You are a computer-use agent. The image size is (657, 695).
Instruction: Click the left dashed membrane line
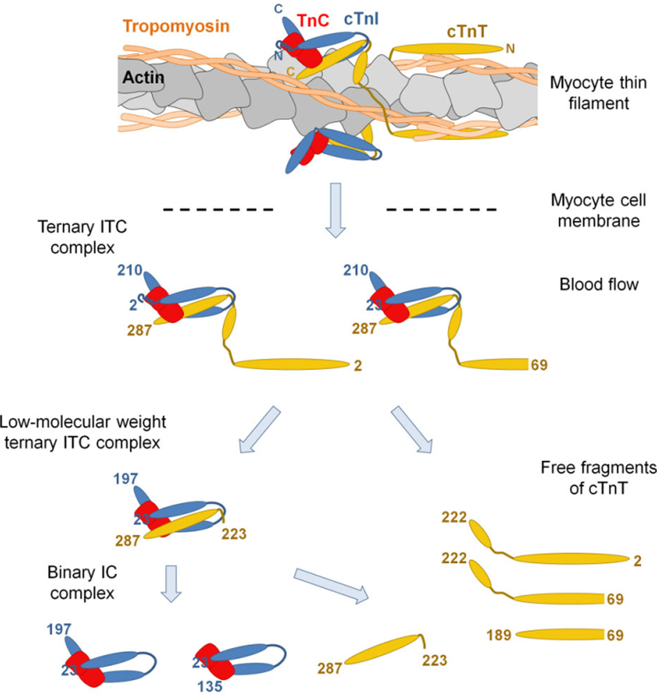tap(217, 208)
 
